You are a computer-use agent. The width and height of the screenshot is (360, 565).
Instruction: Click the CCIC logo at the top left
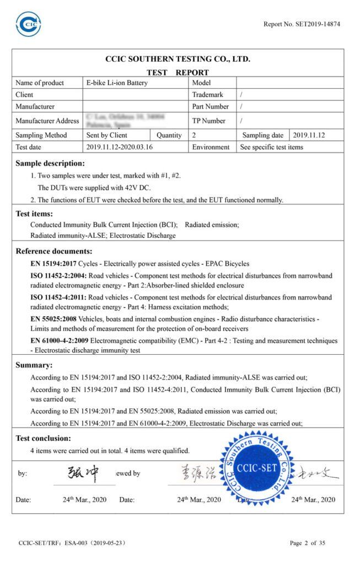pos(28,24)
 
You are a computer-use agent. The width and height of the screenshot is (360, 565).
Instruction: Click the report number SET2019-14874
pos(302,24)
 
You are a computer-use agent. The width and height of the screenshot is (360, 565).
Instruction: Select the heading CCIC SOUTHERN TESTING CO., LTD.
pos(178,59)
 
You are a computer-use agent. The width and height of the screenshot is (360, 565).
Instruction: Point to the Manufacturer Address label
pos(47,121)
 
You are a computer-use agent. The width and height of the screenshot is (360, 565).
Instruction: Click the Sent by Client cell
pos(107,135)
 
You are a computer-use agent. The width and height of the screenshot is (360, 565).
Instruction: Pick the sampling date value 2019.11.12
pos(309,135)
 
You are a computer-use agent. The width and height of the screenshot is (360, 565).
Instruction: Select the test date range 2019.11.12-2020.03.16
pos(120,147)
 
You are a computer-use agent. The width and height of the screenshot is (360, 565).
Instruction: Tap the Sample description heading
pos(50,163)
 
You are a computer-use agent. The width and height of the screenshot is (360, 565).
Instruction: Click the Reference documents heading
pos(54,251)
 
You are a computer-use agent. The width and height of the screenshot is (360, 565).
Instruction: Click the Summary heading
pos(34,365)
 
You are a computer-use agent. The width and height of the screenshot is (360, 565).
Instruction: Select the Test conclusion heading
pos(43,438)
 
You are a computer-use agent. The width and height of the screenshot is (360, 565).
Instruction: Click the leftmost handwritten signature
pos(83,472)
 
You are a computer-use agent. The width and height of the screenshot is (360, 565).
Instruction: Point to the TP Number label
pos(209,121)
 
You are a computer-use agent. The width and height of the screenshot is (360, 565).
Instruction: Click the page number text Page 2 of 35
pos(308,543)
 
